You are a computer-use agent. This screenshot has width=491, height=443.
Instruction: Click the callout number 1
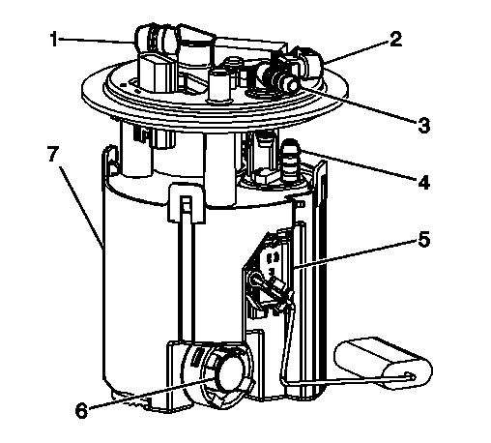[x=54, y=39]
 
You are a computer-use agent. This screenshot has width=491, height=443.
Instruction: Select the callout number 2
[x=395, y=39]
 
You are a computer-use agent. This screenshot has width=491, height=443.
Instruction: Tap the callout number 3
[x=424, y=126]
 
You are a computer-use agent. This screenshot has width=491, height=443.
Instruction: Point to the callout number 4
[x=424, y=183]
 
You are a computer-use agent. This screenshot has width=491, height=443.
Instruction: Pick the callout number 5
[x=424, y=240]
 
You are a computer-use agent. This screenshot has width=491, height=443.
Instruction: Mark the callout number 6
[x=81, y=410]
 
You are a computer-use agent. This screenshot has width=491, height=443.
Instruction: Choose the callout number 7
[x=53, y=154]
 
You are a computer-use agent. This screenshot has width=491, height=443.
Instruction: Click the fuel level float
[x=384, y=363]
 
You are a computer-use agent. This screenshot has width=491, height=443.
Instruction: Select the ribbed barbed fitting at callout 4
[x=291, y=161]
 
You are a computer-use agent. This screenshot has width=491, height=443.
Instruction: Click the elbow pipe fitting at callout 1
[x=158, y=41]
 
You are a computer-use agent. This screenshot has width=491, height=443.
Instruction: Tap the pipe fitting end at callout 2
[x=311, y=61]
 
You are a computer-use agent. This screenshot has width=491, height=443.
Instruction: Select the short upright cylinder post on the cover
[x=219, y=85]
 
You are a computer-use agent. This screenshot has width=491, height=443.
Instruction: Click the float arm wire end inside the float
[x=410, y=376]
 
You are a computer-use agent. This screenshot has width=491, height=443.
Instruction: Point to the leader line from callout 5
[x=355, y=253]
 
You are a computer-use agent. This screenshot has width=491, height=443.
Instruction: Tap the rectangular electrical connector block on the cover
[x=158, y=74]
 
